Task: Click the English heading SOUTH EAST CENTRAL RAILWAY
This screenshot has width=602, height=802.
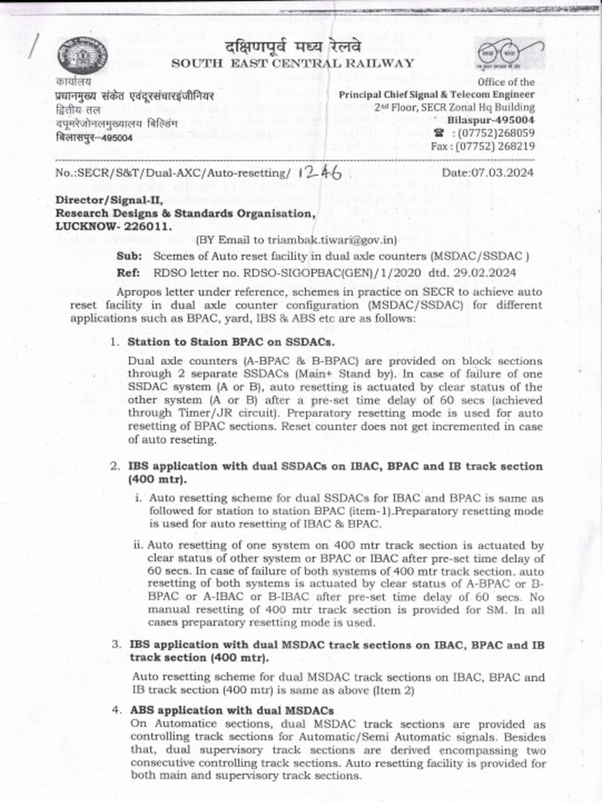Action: (x=292, y=63)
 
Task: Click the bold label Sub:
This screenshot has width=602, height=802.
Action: (x=129, y=255)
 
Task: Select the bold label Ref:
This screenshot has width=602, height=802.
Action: (x=129, y=272)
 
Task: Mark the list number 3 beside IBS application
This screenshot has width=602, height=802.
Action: (x=114, y=644)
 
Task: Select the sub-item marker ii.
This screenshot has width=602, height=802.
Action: (x=138, y=544)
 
